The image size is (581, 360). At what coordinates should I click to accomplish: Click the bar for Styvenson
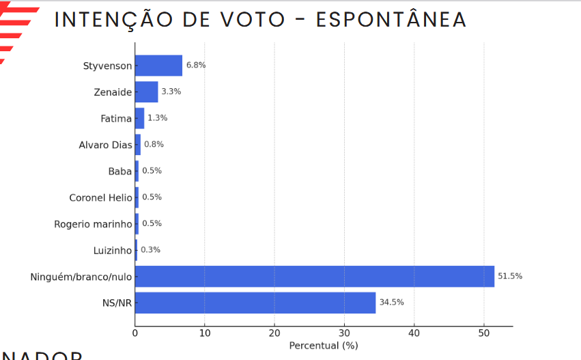point(158,66)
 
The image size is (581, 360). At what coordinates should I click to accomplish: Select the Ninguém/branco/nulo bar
point(314,277)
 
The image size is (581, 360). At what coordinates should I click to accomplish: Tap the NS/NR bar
point(255,303)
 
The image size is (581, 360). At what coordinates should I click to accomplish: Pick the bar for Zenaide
point(146,92)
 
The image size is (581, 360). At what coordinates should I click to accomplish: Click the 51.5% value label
point(510,276)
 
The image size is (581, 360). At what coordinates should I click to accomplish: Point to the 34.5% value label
point(391,302)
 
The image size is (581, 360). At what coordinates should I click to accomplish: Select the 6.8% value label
point(196,65)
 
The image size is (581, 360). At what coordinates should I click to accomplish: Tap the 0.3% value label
point(150,250)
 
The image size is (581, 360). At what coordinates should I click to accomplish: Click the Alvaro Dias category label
point(105,145)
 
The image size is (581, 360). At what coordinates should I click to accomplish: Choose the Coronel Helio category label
point(100,198)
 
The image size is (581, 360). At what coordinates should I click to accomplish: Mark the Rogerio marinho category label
point(93,224)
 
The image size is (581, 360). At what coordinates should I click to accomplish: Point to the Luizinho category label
point(112,251)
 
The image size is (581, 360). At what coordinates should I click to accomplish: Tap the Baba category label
point(119,171)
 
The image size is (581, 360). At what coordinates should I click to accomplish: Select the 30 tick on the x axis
point(344,333)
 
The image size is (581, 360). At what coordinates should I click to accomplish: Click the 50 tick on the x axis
point(483,333)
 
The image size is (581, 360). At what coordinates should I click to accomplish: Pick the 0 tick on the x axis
point(135,333)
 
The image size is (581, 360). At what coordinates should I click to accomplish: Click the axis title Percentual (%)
point(323,346)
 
